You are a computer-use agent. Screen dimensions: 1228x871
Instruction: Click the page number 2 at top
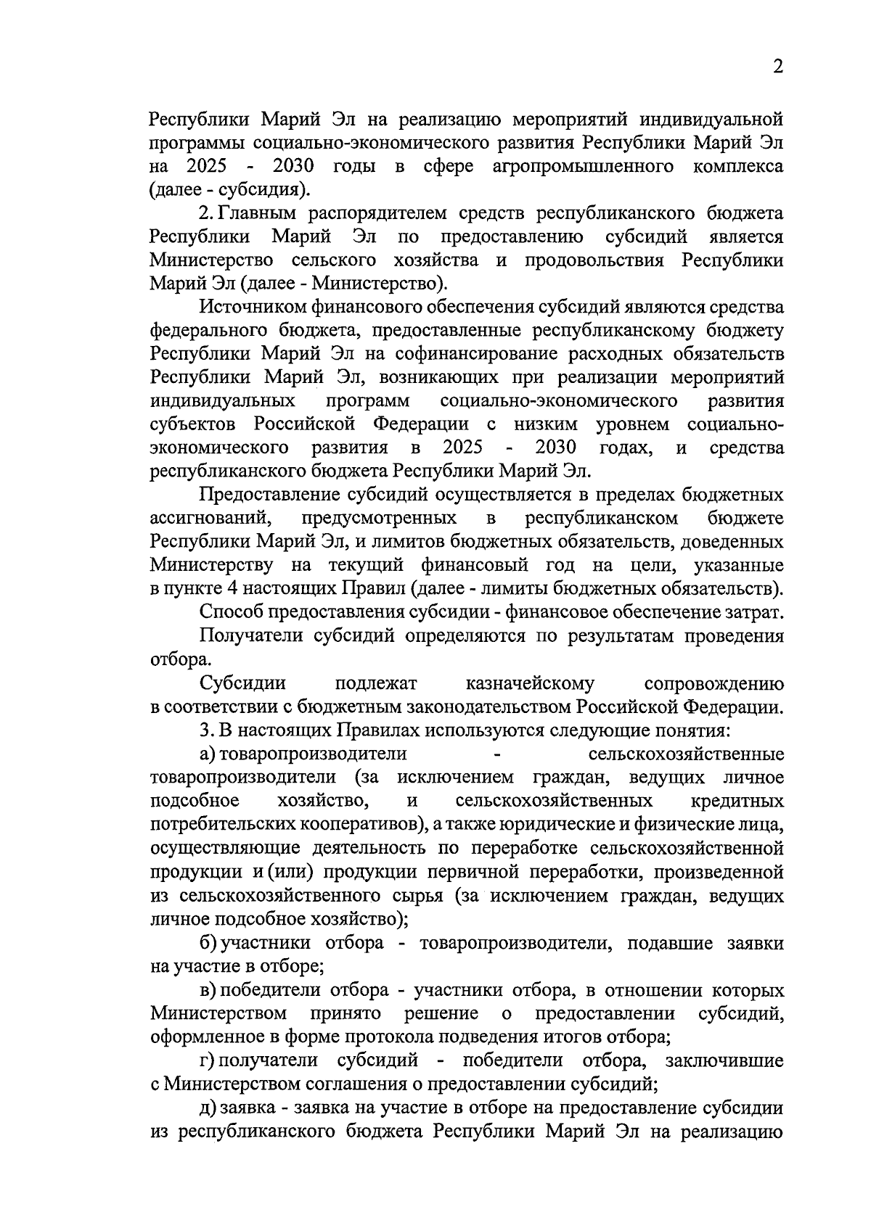click(777, 67)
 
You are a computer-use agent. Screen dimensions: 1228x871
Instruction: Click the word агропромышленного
click(580, 167)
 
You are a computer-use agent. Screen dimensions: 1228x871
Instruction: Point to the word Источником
click(251, 308)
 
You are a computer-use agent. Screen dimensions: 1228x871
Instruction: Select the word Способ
click(232, 612)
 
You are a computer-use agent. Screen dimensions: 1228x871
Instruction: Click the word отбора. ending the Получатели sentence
click(171, 659)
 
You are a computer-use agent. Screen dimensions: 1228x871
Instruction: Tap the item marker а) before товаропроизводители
click(208, 754)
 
